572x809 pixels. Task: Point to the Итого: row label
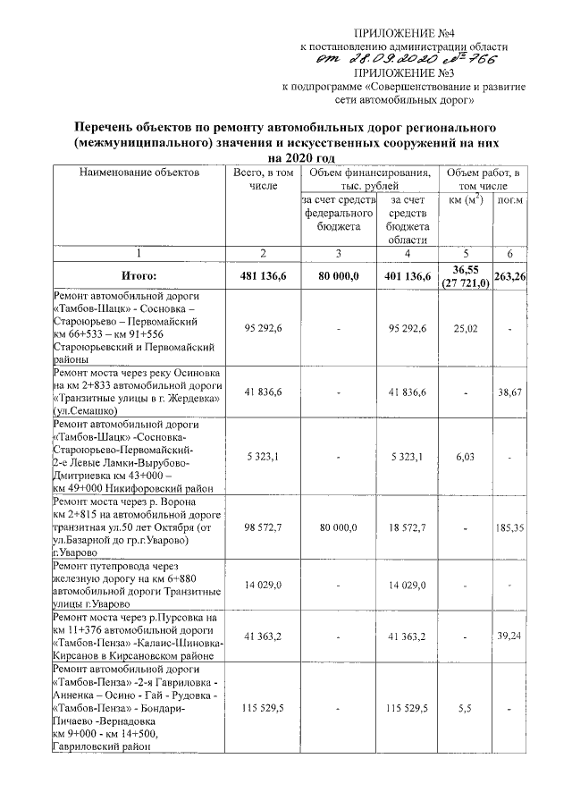[139, 277]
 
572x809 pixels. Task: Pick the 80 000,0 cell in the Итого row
[339, 277]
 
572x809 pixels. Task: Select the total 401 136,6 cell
[410, 277]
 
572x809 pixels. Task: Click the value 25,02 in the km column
[467, 328]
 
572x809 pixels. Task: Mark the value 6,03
[467, 455]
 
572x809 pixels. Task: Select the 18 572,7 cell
[410, 528]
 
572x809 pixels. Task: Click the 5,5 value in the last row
[467, 708]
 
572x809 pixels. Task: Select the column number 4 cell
[410, 253]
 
